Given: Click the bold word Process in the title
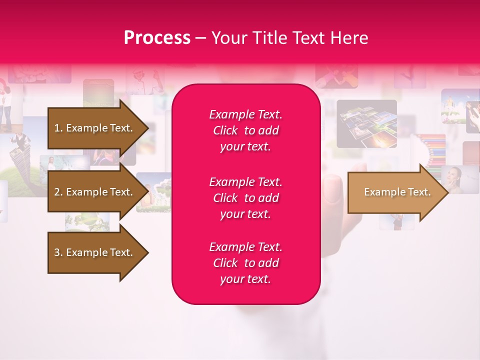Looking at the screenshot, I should point(157,38).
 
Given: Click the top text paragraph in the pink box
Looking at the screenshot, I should point(245,130).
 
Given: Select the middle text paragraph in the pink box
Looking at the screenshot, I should point(245,198).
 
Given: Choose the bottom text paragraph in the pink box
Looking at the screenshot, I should point(245,263).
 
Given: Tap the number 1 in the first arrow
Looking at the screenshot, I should point(57,128).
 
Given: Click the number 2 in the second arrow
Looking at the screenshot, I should point(57,192).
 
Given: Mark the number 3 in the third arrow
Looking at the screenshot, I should point(57,252).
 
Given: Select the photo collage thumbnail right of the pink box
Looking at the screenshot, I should point(366,123).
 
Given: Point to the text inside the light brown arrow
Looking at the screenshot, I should point(397,192).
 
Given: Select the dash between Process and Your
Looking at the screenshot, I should point(200,38).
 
